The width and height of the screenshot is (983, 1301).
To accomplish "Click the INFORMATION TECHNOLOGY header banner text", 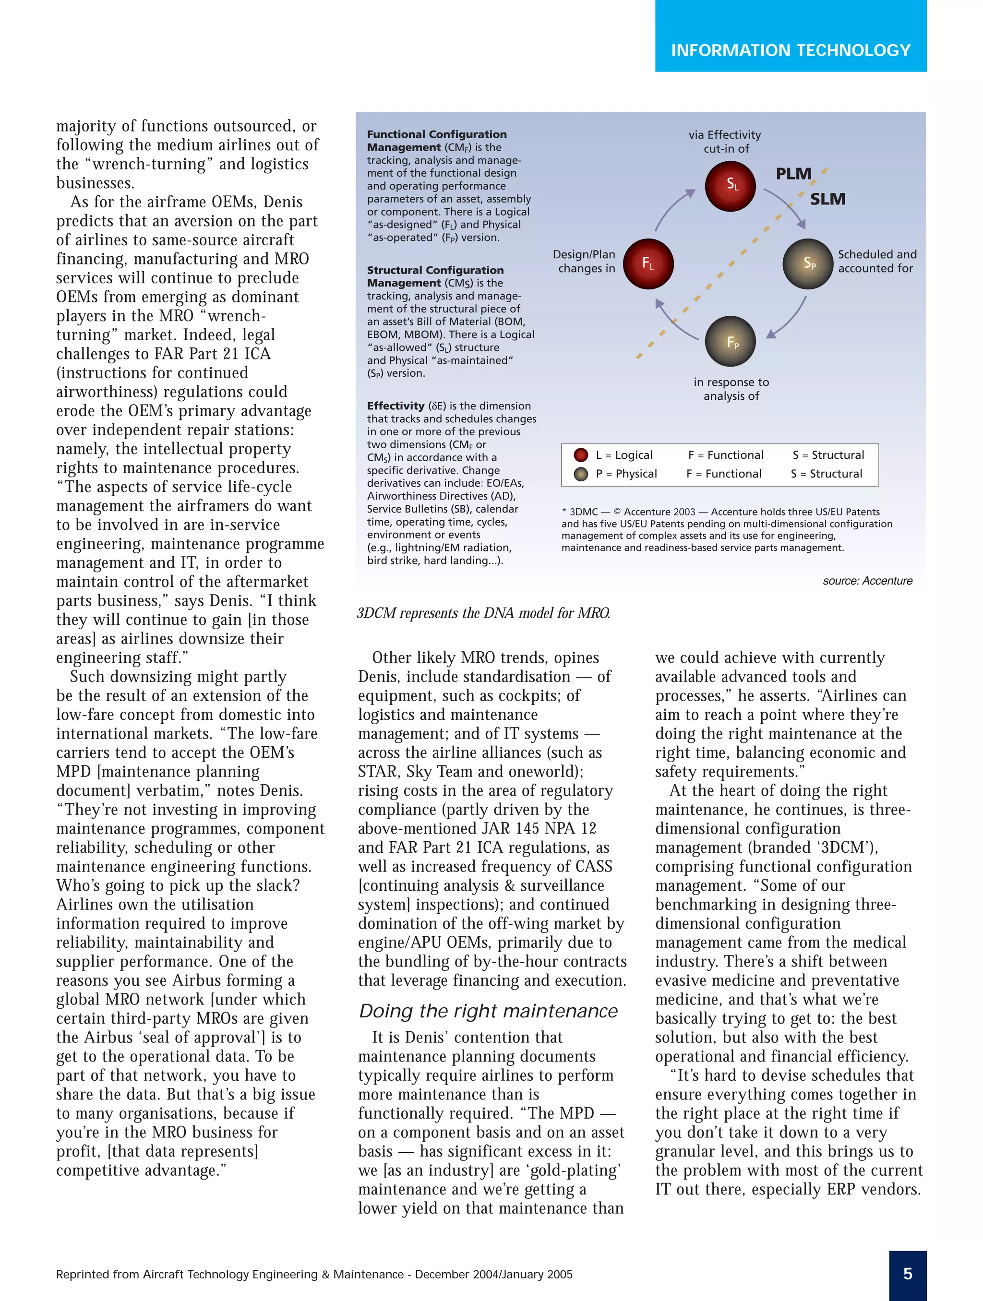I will coord(790,50).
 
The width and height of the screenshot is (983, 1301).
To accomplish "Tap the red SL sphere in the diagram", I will coord(730,185).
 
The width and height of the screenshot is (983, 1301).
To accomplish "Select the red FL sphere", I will coord(647,263).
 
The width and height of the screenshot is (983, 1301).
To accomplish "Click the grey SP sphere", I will coord(808,263).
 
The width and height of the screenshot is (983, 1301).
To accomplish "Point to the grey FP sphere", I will coord(730,342).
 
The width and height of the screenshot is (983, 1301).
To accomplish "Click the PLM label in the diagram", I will coord(793,174).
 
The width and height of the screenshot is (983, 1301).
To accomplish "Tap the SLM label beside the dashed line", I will coord(827,199).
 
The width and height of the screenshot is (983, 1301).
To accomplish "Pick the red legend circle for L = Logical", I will coord(581,454).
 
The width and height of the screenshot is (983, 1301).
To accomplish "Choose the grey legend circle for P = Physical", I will coord(581,474).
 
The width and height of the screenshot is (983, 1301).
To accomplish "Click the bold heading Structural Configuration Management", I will coord(435,276).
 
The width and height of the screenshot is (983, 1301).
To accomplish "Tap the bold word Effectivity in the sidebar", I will coord(396,406).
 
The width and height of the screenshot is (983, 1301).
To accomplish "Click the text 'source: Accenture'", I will coord(867,581).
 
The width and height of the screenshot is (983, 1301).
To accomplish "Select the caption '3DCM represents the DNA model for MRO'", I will coord(483,613).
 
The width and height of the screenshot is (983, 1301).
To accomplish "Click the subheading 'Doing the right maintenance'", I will coord(488,1011).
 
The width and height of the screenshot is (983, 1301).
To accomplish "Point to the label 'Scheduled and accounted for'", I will coord(876,261).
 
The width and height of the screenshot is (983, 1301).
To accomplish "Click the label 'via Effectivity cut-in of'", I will coord(725,142).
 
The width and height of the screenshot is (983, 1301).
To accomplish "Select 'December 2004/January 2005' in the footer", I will coord(493,1274).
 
